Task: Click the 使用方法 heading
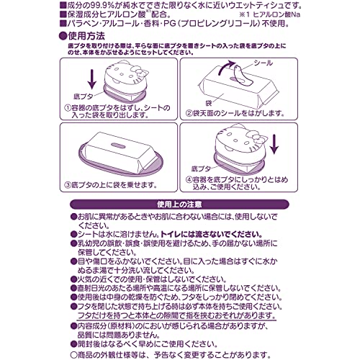[85, 34]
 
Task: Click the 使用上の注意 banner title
[179, 204]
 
